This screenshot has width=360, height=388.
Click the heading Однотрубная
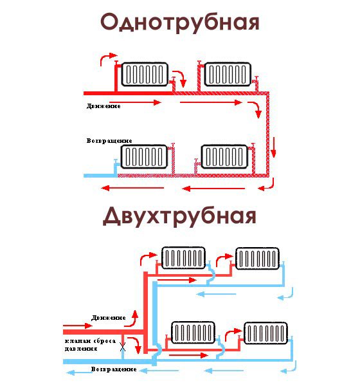[x=180, y=23]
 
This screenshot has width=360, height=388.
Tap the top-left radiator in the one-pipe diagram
[x=145, y=74]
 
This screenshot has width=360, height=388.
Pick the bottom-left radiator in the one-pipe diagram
[x=145, y=156]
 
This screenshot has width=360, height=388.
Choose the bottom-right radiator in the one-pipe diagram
[x=224, y=156]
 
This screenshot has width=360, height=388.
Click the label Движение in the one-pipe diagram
[x=103, y=105]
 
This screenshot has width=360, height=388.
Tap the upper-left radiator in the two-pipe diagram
[x=183, y=258]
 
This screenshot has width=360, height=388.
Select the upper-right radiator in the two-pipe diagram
[x=258, y=258]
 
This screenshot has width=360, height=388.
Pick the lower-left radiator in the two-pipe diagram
[x=192, y=333]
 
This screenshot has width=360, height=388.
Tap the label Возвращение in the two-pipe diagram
[x=114, y=370]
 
